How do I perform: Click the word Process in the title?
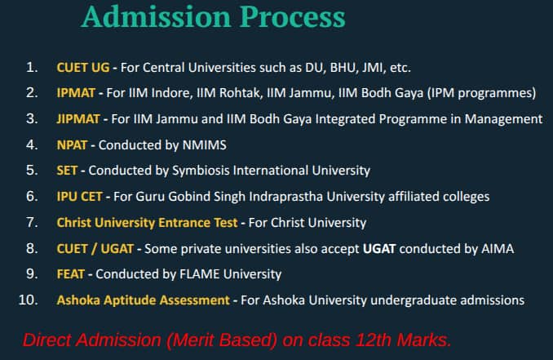click(293, 16)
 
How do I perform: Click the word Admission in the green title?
click(157, 16)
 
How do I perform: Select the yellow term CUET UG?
click(83, 67)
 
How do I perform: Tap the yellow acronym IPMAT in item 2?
click(76, 93)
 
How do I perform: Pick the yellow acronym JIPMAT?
click(78, 119)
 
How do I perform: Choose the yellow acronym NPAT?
click(72, 145)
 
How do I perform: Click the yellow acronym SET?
click(67, 171)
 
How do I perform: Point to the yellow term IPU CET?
click(79, 197)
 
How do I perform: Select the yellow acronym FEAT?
click(70, 274)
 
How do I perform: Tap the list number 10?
click(28, 300)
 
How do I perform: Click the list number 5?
click(32, 171)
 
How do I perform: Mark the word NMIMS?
click(205, 145)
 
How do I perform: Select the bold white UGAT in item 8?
click(379, 249)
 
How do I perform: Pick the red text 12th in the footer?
click(374, 340)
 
